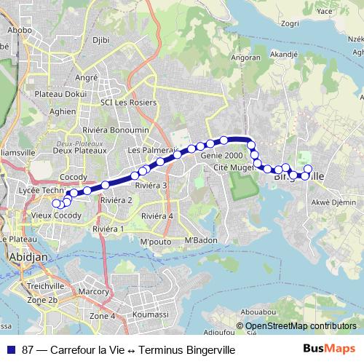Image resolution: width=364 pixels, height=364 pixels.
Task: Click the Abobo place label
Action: point(20,31)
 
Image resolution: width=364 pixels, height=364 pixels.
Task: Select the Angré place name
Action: point(86,77)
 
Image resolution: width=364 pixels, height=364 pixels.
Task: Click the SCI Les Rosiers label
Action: point(129,103)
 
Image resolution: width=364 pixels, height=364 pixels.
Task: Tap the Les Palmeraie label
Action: point(152,150)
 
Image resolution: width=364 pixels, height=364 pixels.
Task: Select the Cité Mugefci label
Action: point(234,168)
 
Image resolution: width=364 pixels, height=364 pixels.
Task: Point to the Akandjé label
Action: point(284,53)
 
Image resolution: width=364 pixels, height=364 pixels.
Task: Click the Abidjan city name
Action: point(27,258)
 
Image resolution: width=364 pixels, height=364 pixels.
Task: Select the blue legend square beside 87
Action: point(11,350)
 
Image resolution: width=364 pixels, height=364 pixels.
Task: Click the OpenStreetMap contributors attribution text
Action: point(299,327)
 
